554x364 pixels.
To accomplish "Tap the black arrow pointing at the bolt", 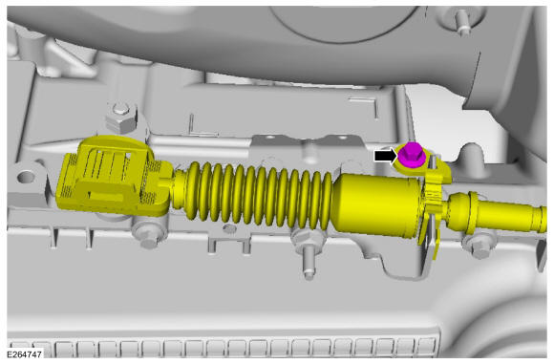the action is [x=386, y=156].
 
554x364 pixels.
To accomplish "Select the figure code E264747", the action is [x=24, y=354].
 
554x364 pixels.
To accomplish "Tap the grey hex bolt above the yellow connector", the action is [x=121, y=118].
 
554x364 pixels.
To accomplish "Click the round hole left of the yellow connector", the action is [x=26, y=177].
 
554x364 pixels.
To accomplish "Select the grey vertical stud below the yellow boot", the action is [x=309, y=262].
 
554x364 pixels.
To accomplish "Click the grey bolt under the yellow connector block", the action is [x=148, y=236].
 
